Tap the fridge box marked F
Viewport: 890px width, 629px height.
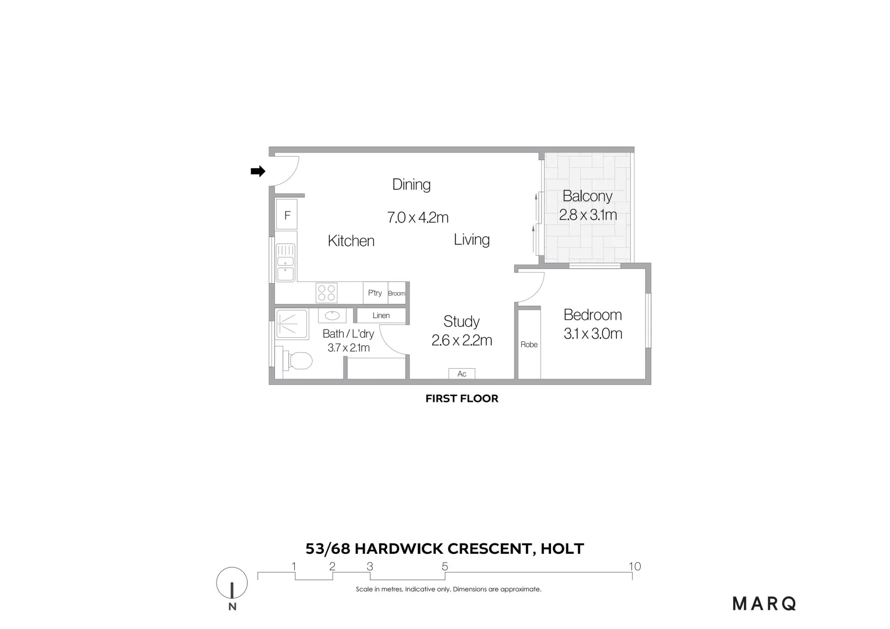point(287,215)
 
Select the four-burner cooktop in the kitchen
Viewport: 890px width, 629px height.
point(327,292)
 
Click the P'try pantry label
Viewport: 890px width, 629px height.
point(375,293)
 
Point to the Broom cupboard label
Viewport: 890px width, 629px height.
point(396,294)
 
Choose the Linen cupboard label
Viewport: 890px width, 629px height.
point(381,316)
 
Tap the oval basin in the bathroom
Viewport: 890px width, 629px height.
point(332,316)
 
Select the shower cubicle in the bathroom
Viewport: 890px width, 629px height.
point(291,324)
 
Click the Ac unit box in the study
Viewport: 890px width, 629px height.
point(462,374)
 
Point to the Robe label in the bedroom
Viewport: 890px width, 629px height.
point(529,345)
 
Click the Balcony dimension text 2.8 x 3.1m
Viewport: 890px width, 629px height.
point(588,215)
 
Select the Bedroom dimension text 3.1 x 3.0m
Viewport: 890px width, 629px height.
point(593,334)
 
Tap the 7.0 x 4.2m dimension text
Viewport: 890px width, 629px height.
point(418,218)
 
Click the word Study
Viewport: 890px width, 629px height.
point(461,321)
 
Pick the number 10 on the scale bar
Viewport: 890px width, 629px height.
point(634,566)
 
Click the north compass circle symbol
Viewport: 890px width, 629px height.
point(232,583)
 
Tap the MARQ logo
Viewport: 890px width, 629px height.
point(764,604)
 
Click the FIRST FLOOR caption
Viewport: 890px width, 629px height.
point(462,399)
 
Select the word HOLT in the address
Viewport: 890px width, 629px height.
point(562,549)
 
